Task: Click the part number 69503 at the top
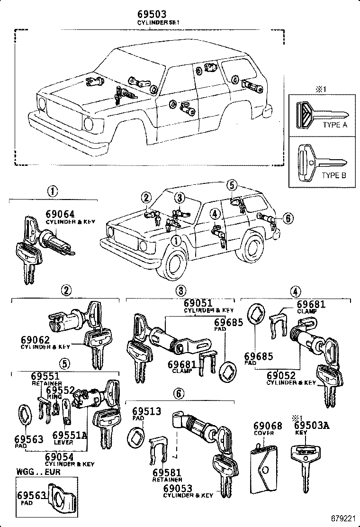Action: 151,15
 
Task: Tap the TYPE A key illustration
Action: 320,115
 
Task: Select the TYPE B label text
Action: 334,175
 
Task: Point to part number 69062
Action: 36,339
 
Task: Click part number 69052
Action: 284,375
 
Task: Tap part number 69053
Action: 179,488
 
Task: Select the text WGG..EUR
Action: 36,472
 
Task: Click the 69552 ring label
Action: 61,390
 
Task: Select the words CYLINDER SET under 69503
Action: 152,23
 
